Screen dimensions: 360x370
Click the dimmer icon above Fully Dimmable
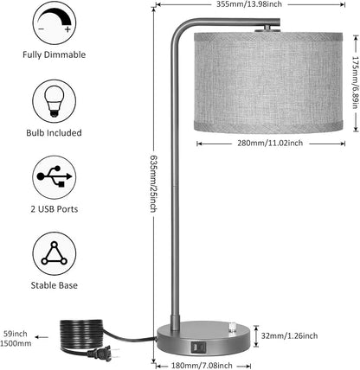pos(55,22)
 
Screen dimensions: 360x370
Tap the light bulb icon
pos(55,101)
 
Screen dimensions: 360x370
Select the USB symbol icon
pos(55,177)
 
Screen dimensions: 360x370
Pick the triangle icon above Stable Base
pos(55,254)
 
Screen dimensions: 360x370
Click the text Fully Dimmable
pos(55,54)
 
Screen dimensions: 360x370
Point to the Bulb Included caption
pos(54,133)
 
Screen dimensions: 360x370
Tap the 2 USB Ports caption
pos(55,209)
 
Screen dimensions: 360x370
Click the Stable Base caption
pos(55,285)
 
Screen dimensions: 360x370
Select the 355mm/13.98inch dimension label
pos(249,4)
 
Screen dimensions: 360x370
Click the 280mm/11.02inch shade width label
pos(270,143)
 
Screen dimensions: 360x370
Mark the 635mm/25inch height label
pos(153,184)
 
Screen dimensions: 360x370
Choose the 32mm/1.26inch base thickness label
pos(289,335)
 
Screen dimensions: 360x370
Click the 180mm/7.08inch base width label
pos(202,366)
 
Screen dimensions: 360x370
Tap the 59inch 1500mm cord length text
pos(16,338)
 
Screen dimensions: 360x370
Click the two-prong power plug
pos(106,354)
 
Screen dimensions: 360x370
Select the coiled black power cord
pos(82,335)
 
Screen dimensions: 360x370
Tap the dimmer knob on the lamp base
pos(232,328)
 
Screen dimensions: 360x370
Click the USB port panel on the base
pos(198,347)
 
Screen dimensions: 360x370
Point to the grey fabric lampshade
pos(268,83)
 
